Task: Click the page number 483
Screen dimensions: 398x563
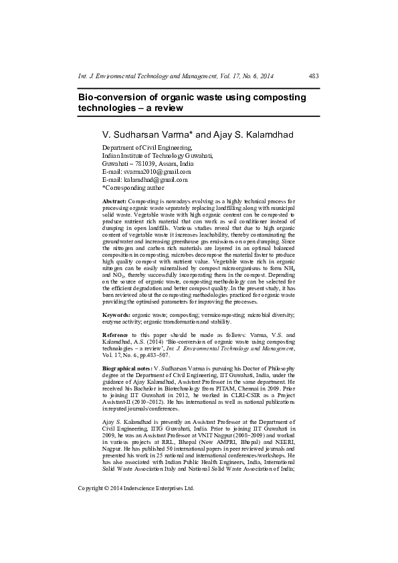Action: click(x=314, y=76)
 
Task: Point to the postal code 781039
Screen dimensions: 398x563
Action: click(x=144, y=163)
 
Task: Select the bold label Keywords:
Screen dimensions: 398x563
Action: click(x=116, y=314)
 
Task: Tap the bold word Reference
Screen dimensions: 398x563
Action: click(x=115, y=334)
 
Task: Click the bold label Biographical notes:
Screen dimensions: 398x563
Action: click(x=127, y=369)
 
